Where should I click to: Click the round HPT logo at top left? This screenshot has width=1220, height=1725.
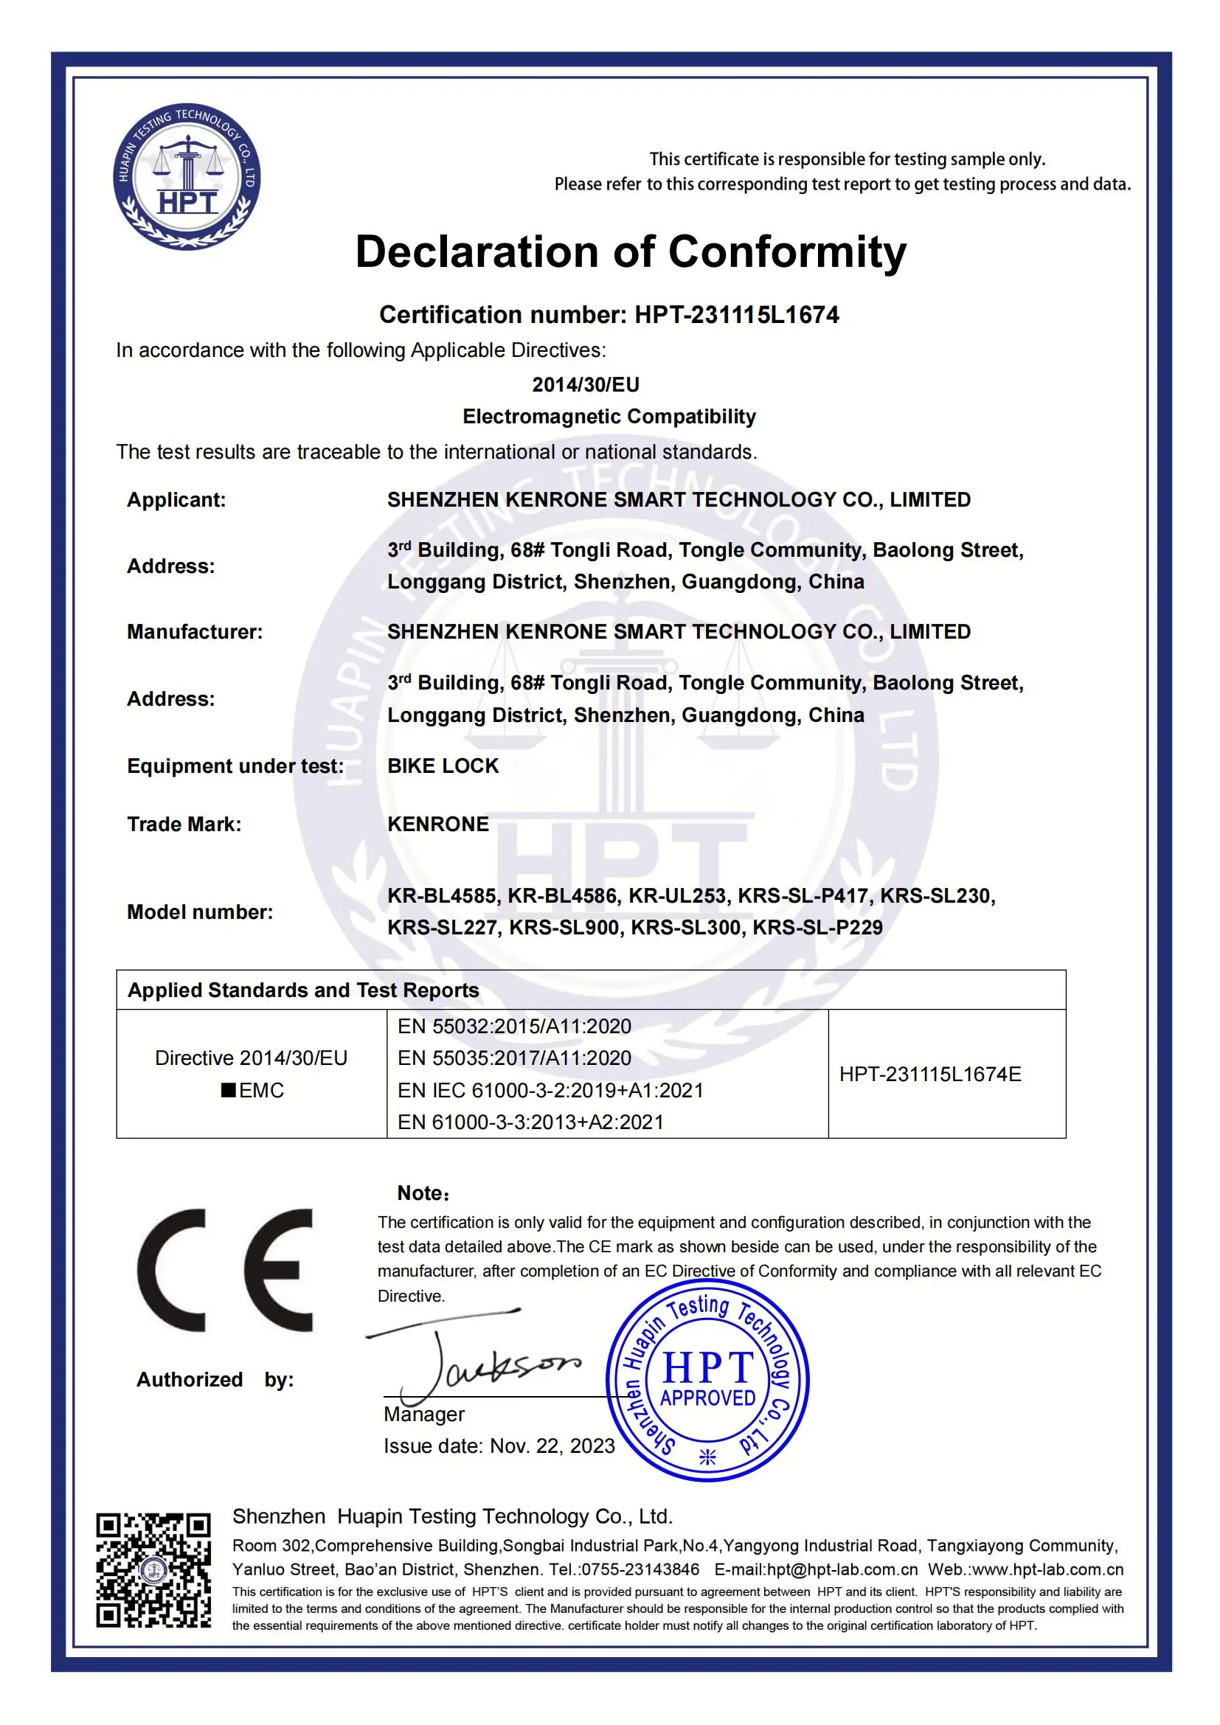coord(187,177)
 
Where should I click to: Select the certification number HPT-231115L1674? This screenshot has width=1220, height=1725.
coord(736,315)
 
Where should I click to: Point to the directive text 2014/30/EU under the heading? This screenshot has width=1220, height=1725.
coord(586,385)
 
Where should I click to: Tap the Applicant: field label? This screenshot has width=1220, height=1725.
coord(176,499)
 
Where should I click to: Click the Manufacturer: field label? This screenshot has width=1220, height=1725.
coord(195,632)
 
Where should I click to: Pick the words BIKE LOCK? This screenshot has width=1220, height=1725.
coord(443,766)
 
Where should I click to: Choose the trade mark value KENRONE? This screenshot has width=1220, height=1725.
coord(438,825)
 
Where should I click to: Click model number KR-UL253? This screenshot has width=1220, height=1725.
coord(677,895)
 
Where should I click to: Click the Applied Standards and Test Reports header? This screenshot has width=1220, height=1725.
coord(303,990)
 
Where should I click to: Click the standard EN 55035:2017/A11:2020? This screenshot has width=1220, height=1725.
coord(515,1058)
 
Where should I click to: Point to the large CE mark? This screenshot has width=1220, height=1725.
coord(226,1271)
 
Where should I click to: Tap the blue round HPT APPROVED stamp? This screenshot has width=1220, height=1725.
coord(707,1381)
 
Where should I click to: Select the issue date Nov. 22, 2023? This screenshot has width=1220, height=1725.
coord(552,1446)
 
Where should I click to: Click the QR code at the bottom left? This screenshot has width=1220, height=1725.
coord(153,1570)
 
